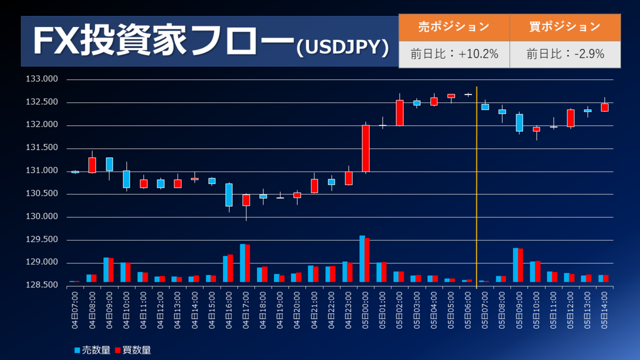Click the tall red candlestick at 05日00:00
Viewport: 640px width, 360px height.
[x=365, y=148]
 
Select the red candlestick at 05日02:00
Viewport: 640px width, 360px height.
[x=399, y=113]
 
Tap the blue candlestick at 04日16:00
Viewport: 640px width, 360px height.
[x=229, y=195]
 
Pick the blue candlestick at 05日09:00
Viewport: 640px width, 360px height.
[x=519, y=123]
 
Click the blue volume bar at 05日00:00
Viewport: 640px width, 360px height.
[x=362, y=259]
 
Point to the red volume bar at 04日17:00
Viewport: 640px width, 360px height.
[x=247, y=263]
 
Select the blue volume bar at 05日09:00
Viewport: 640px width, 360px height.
[x=516, y=265]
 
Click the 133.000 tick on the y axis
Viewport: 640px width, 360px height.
[x=45, y=79]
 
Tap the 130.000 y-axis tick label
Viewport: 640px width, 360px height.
[x=45, y=217]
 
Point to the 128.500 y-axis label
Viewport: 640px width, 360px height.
[x=45, y=286]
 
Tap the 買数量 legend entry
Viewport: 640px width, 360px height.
[x=133, y=350]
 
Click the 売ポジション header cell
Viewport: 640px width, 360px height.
[x=454, y=27]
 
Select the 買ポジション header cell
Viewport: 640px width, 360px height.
[x=565, y=27]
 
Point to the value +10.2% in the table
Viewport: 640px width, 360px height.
[x=454, y=54]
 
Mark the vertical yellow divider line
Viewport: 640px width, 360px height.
[x=476, y=187]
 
